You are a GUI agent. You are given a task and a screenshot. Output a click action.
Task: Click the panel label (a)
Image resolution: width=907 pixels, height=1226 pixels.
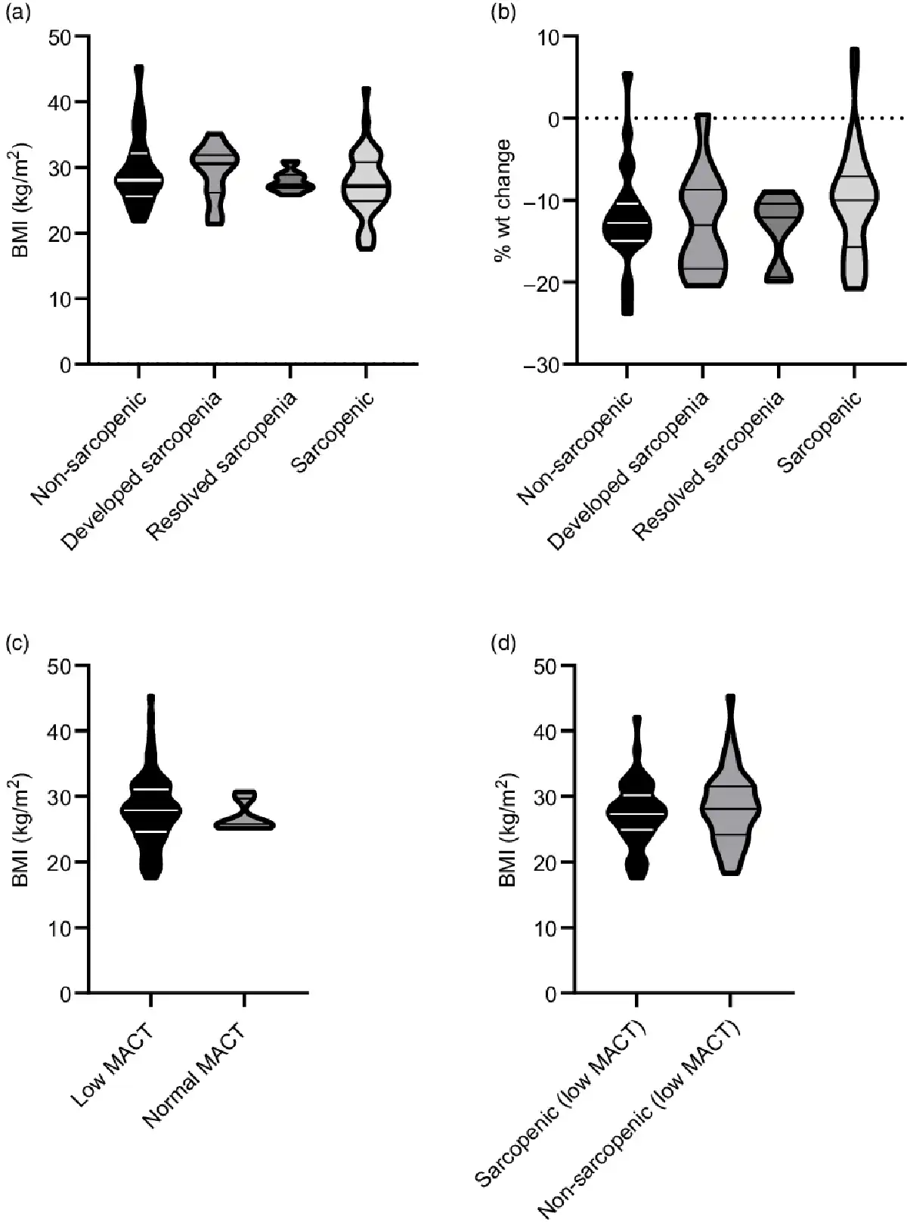click(17, 13)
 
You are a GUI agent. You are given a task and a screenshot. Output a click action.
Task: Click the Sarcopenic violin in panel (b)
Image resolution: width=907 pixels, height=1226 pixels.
click(854, 197)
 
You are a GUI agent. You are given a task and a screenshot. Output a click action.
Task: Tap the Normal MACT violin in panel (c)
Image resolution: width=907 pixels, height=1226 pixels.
click(245, 818)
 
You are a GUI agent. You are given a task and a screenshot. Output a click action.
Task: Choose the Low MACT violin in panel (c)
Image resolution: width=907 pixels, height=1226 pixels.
click(150, 809)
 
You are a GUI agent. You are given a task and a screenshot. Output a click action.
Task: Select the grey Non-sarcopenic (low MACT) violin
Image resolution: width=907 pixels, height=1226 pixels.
click(730, 809)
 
